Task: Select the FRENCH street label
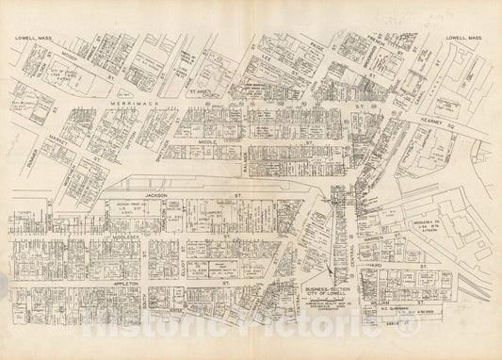click(375, 45)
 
